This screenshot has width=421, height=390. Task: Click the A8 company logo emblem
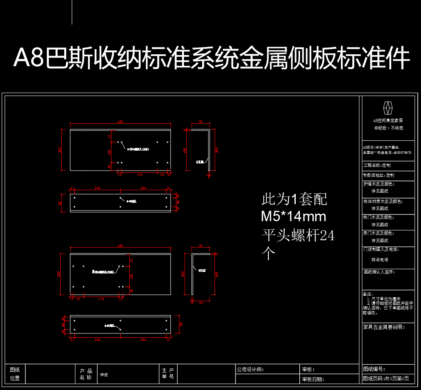tap(388, 108)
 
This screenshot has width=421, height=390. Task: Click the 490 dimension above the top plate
tap(121, 122)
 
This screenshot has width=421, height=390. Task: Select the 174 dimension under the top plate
tap(140, 174)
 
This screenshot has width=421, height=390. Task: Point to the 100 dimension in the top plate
tap(110, 152)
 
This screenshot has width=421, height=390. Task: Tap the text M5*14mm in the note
tap(293, 217)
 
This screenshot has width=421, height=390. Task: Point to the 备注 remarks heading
tap(367, 294)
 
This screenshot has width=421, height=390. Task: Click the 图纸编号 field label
tap(374, 369)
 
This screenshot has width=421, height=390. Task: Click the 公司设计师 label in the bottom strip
tap(250, 369)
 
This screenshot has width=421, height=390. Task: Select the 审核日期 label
tap(313, 379)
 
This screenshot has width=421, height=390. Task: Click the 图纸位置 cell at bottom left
tap(15, 374)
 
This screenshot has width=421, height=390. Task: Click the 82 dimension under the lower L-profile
tap(201, 303)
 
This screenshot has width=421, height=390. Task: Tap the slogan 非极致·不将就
tap(388, 128)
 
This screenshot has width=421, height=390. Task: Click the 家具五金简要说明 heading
tap(384, 327)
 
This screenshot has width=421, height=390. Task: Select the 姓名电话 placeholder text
tap(379, 260)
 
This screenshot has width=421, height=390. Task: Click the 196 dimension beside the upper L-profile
tap(185, 150)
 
